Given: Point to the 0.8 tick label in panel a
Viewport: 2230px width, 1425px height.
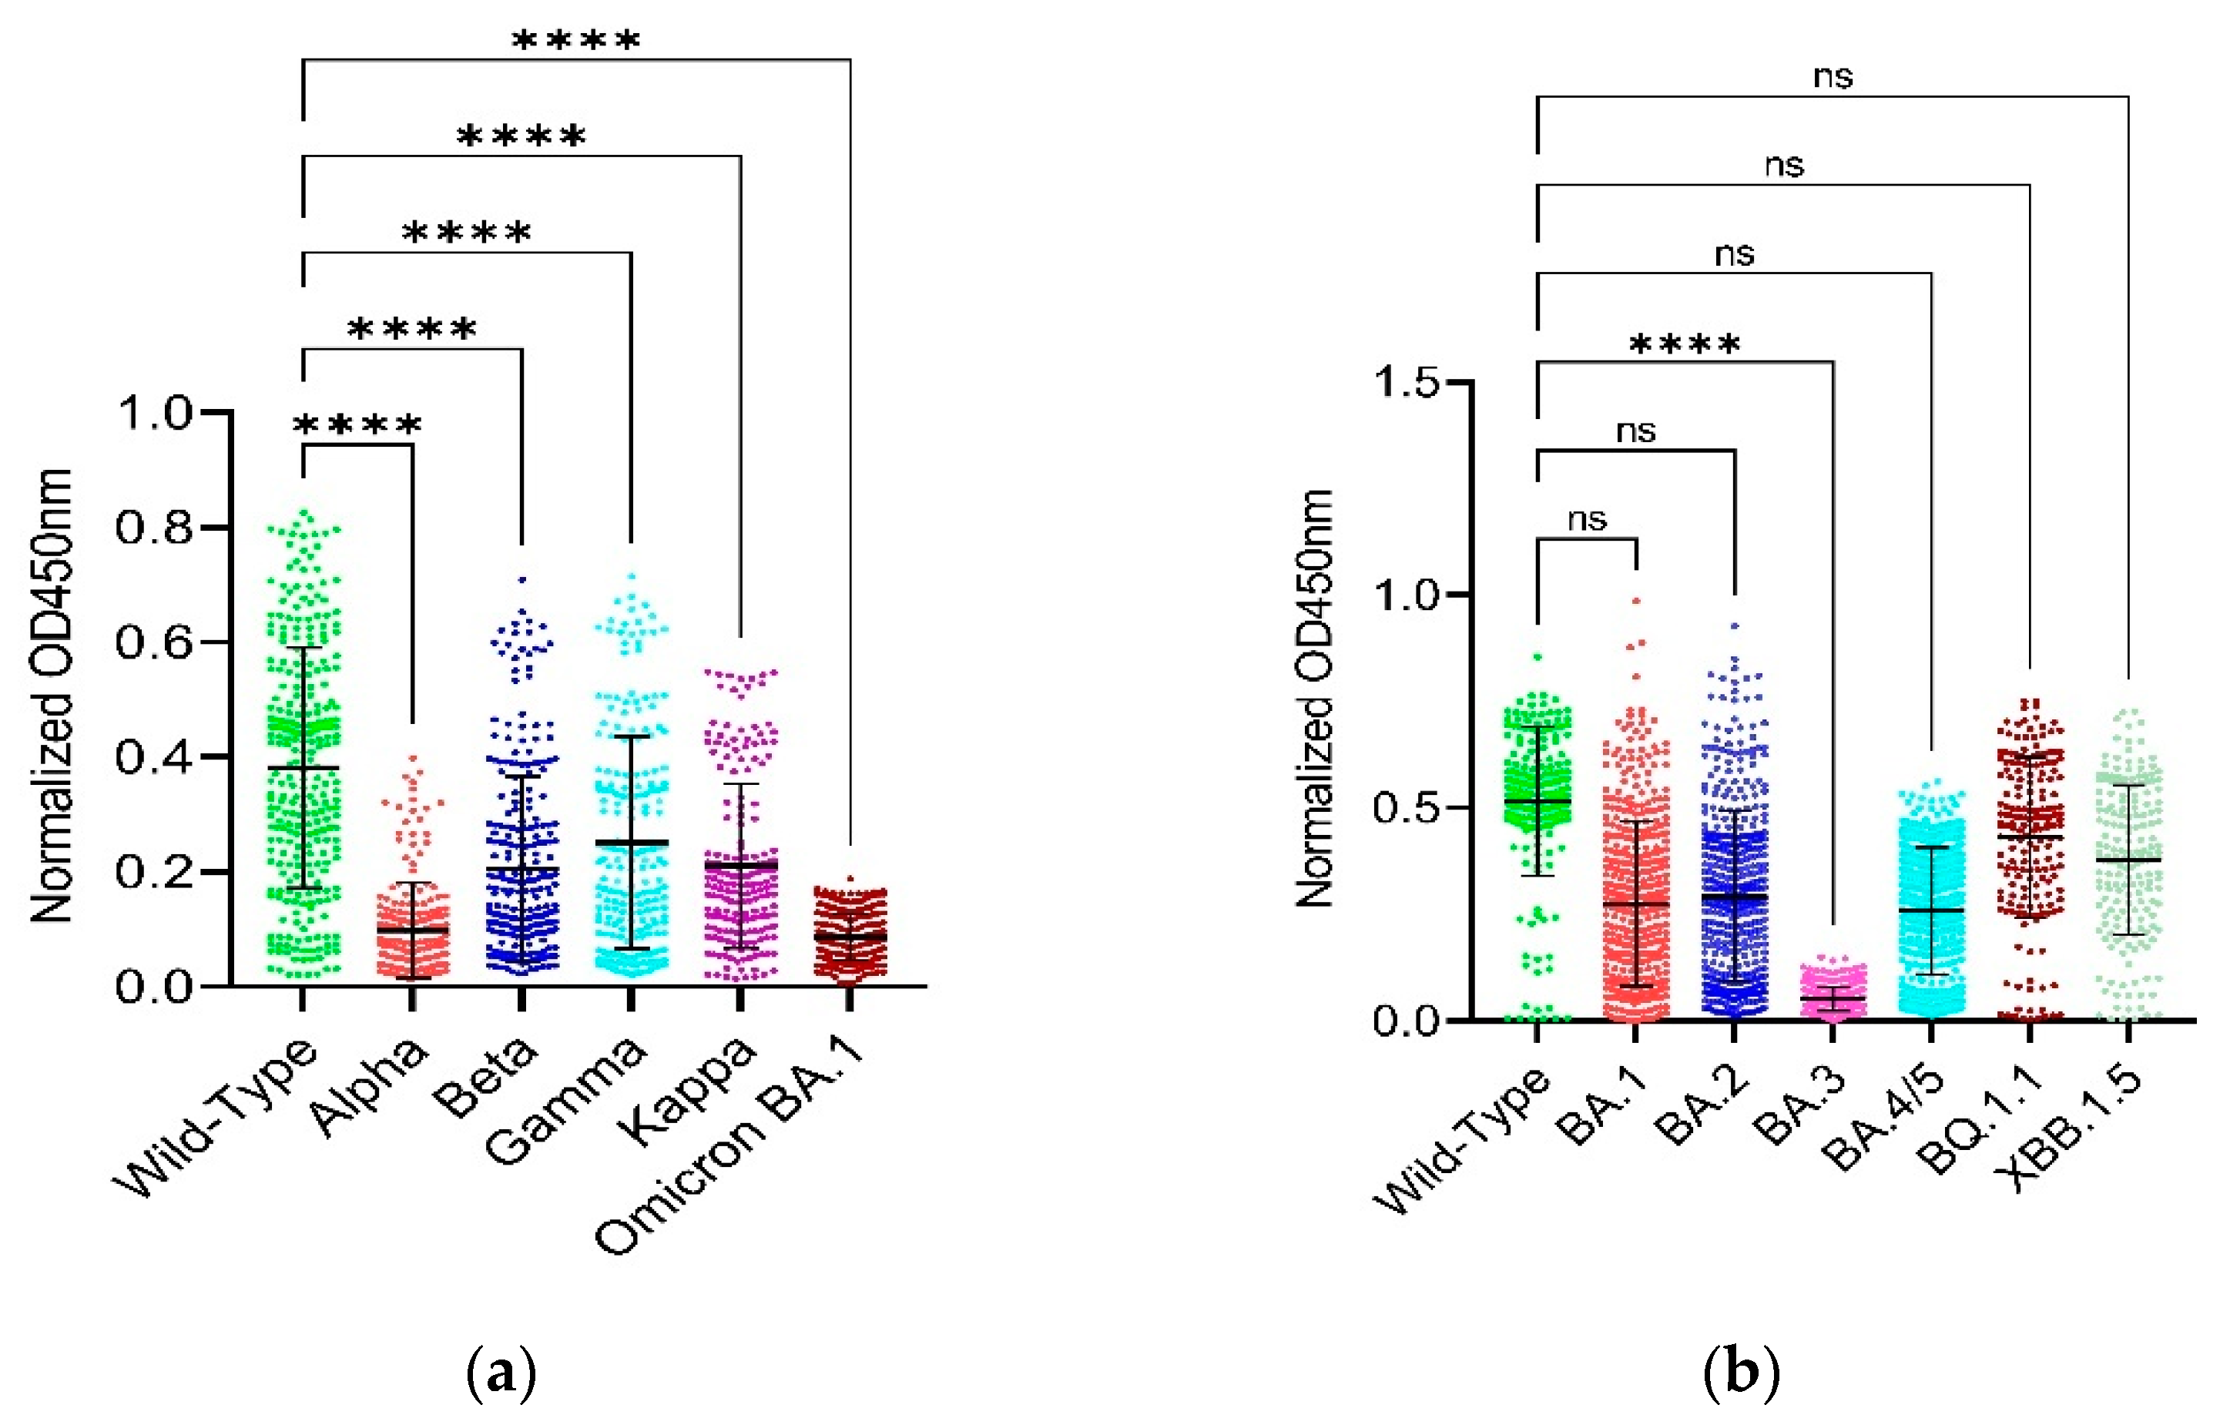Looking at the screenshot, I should point(155,527).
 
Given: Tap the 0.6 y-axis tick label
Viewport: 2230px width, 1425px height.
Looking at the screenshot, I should point(155,642).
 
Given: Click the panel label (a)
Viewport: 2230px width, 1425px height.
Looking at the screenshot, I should point(501,1373).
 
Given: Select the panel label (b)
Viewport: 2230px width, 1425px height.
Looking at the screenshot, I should point(1741,1373).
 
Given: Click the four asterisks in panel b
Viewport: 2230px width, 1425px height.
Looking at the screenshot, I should point(1685,344).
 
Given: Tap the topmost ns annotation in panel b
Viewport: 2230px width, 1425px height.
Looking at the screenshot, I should point(1833,76).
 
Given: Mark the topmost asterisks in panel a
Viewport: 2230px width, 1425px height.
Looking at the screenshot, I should point(576,40).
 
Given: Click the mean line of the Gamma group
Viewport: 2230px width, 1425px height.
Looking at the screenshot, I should point(632,843).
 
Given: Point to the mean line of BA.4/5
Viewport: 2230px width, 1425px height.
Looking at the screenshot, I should point(1932,910).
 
